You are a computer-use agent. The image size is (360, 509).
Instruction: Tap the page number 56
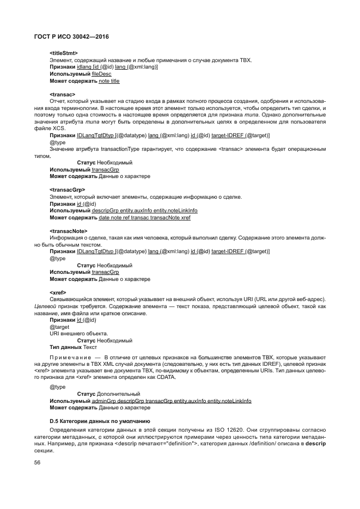click(38, 463)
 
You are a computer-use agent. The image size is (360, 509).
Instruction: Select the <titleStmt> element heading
click(64, 53)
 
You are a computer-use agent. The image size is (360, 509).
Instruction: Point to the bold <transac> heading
click(62, 94)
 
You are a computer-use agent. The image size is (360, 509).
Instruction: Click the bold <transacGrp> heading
click(67, 189)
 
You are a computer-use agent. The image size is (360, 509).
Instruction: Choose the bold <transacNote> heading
click(68, 231)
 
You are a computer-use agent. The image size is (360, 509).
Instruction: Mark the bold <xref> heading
click(58, 292)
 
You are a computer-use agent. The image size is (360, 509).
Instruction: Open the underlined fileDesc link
click(95, 73)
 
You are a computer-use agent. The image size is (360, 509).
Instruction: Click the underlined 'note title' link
click(109, 81)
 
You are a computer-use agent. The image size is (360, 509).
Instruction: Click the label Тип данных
click(65, 347)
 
